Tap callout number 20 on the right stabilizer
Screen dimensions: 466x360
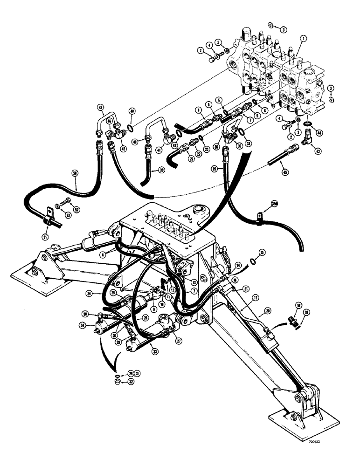click(x=266, y=311)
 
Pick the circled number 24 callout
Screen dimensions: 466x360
click(x=102, y=294)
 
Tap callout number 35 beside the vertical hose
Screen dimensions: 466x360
click(x=214, y=169)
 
